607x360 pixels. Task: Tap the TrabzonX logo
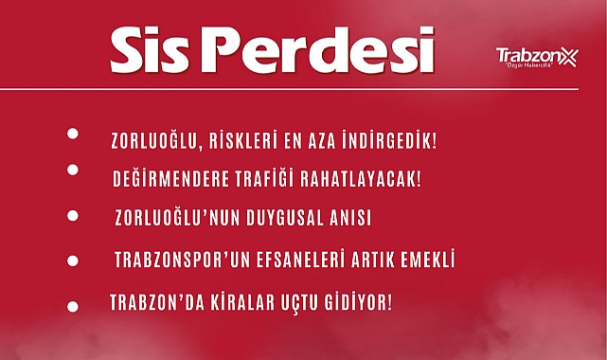(x=536, y=59)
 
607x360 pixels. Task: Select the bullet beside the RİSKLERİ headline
(x=73, y=134)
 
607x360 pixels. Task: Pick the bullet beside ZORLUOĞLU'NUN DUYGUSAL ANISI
(x=73, y=215)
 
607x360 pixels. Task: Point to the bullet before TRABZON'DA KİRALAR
(x=73, y=306)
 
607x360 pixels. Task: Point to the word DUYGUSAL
(x=283, y=218)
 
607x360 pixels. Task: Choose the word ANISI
(x=348, y=218)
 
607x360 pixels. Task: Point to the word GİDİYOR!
(x=354, y=304)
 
